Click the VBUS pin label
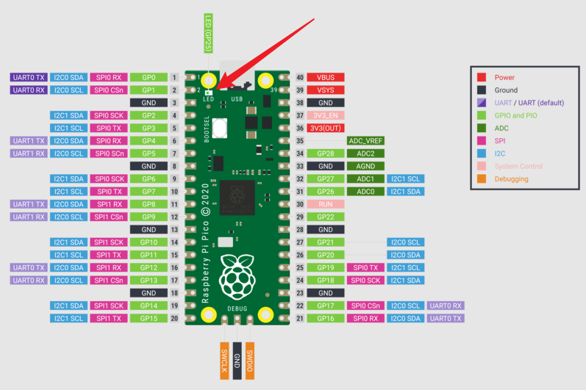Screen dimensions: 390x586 point(325,77)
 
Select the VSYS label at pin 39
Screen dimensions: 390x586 point(325,90)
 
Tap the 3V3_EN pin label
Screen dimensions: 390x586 point(325,115)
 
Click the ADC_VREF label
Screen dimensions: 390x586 point(365,141)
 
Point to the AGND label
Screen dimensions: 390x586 point(365,166)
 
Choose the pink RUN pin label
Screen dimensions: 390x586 point(325,204)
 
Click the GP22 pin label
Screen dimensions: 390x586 point(325,217)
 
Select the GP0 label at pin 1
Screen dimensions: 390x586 point(149,77)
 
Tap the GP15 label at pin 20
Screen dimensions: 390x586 point(149,318)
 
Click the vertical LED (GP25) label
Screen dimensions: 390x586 point(209,34)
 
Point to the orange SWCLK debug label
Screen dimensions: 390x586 point(224,360)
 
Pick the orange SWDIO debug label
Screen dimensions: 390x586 point(250,360)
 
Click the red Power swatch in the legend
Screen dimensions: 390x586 point(482,77)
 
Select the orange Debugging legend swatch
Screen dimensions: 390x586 point(482,178)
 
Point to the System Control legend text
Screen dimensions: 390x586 point(518,166)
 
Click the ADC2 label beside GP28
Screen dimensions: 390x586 point(365,154)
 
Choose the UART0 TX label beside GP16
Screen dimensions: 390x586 point(446,318)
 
